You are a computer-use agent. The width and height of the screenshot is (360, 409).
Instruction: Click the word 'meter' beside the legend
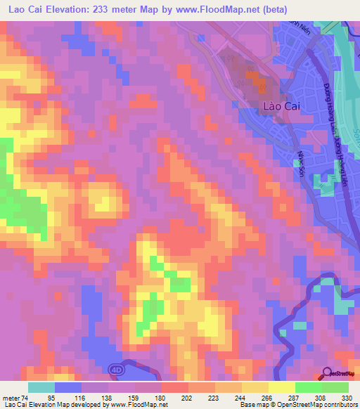pyautogui.click(x=11, y=396)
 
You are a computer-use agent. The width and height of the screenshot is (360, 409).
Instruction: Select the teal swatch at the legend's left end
pyautogui.click(x=41, y=387)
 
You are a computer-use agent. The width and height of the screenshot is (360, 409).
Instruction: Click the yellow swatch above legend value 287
pyautogui.click(x=281, y=387)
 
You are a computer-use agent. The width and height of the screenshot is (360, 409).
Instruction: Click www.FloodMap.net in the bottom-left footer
pyautogui.click(x=137, y=405)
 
